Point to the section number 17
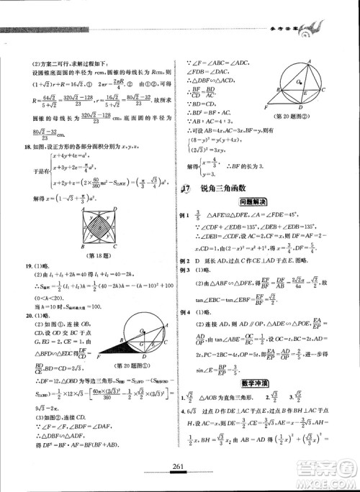(186, 188)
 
